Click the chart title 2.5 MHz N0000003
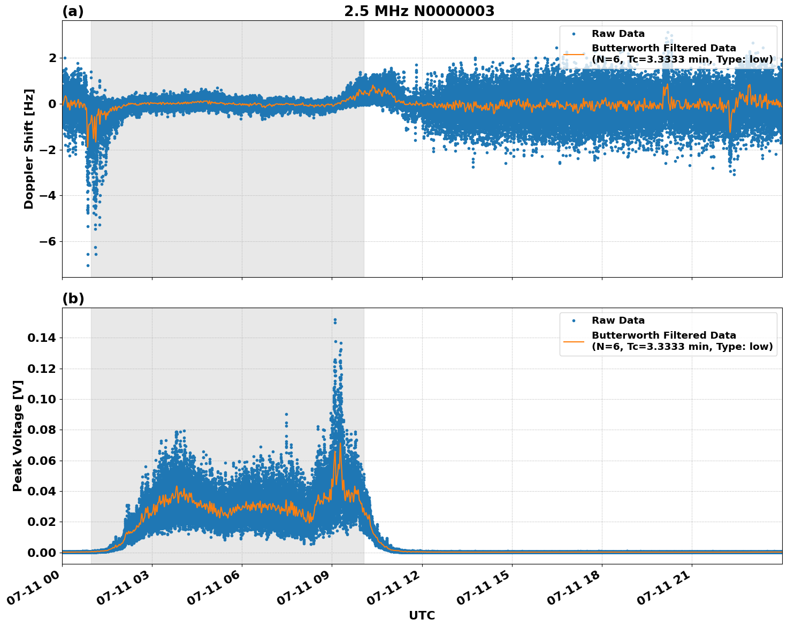coord(419,11)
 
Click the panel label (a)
coord(73,11)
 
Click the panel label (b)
coord(73,299)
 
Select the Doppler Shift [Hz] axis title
coord(29,149)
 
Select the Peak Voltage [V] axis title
coord(18,435)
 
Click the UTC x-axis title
coord(422,615)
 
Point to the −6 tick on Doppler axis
coord(45,241)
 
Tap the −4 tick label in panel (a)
coord(45,195)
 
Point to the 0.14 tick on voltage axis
coord(42,338)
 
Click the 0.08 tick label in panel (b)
coord(42,430)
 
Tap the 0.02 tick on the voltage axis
coord(42,522)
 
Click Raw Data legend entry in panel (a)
coord(618,34)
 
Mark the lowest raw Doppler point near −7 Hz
coord(88,265)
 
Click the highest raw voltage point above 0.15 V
coord(335,320)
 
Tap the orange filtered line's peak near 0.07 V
coord(340,444)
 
